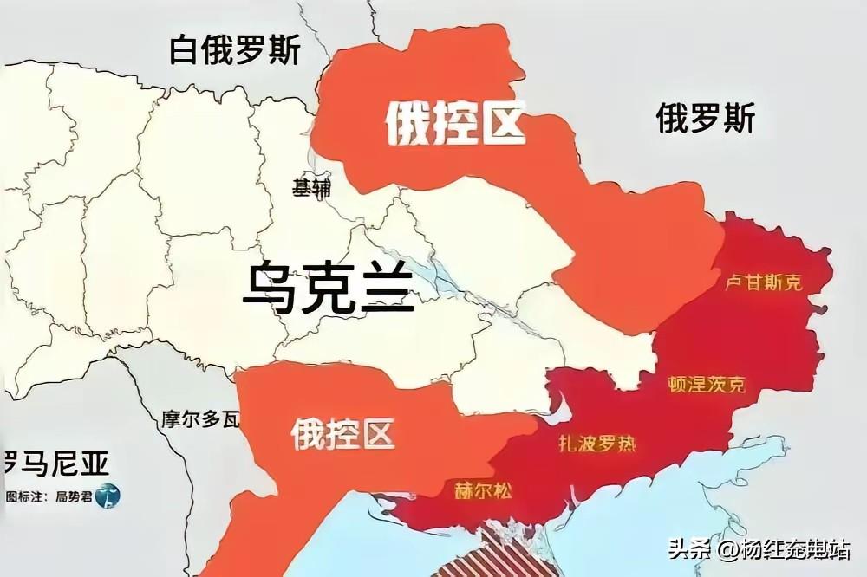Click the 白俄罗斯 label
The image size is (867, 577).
[x=235, y=50]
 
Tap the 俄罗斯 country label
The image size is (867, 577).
[x=705, y=117]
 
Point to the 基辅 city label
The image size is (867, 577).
[x=311, y=188]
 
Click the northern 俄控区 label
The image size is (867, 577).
[x=455, y=123]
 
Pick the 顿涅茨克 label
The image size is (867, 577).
[x=707, y=384]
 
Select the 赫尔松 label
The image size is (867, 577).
[x=483, y=490]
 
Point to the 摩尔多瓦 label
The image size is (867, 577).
[x=200, y=421]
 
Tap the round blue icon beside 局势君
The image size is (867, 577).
[x=108, y=496]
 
